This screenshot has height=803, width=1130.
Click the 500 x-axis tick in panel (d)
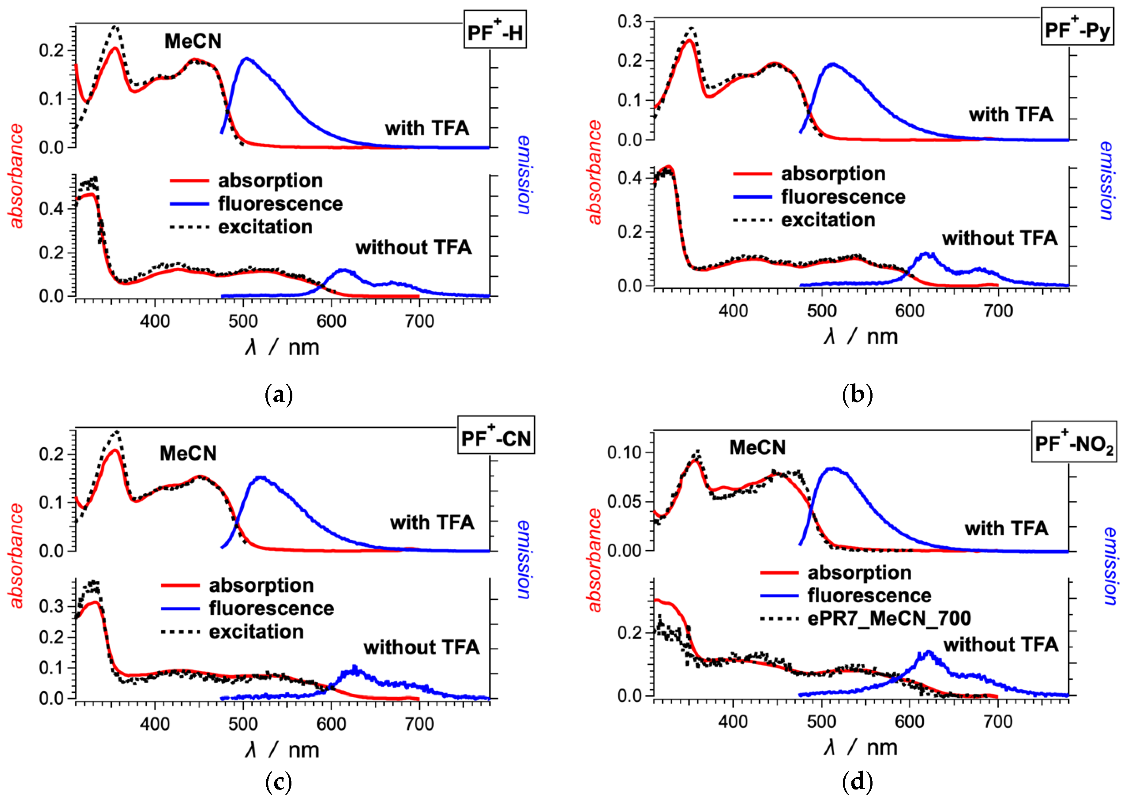pos(821,722)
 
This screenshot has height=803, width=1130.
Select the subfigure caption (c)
pos(279,782)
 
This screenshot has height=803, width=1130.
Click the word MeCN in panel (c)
pos(188,453)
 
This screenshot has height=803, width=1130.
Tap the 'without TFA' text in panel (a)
pos(413,247)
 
